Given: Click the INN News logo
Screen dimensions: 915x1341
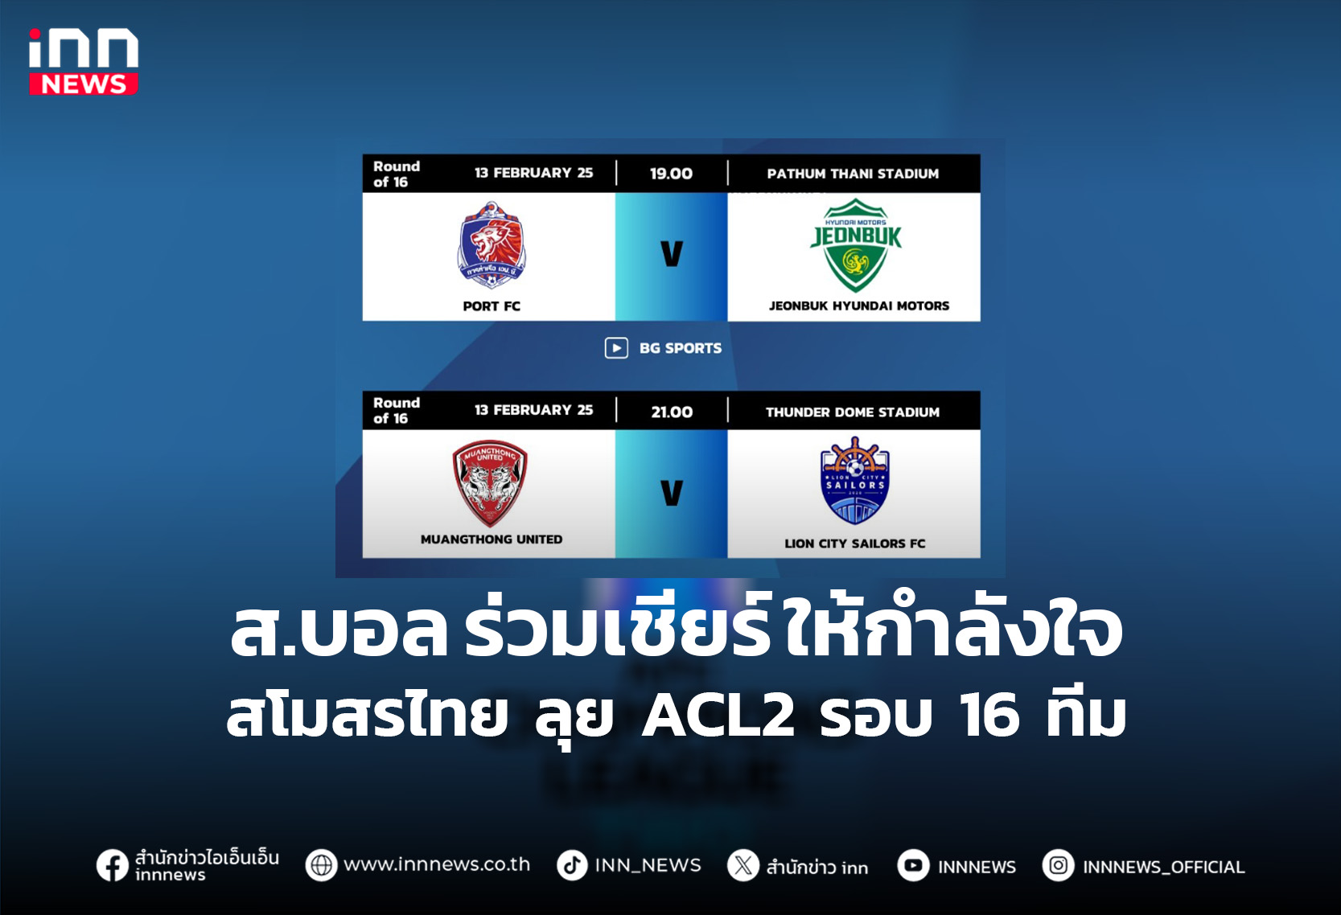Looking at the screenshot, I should click(84, 62).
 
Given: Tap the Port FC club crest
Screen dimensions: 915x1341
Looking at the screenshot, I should click(492, 245).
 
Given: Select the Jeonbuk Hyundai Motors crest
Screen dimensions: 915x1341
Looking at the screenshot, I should click(855, 246).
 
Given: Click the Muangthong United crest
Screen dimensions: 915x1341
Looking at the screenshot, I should click(490, 482).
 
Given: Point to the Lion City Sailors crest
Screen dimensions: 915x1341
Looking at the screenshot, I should click(854, 481).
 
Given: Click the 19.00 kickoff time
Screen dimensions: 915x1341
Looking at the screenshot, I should click(671, 174).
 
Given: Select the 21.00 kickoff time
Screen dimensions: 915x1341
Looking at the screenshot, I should click(672, 412).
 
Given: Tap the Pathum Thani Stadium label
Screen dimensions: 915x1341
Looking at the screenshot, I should click(853, 174).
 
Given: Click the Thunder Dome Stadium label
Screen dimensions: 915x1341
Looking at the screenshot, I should click(853, 412).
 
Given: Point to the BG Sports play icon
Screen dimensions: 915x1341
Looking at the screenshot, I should click(616, 348).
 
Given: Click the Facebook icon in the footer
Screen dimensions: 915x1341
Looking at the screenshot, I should click(112, 866).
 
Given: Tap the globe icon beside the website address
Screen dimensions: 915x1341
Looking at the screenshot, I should click(321, 865).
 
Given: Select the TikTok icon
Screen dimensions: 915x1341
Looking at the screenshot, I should click(572, 865).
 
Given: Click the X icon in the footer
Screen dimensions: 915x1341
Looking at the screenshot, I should click(743, 866).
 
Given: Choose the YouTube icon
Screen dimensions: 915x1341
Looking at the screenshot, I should click(913, 866).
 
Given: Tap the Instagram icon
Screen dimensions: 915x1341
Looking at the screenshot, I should click(1058, 866).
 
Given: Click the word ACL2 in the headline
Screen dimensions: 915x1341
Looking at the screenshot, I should click(718, 714).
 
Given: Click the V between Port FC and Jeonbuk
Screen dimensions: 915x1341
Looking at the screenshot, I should click(672, 254).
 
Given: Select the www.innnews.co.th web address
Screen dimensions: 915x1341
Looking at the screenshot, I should click(437, 864).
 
